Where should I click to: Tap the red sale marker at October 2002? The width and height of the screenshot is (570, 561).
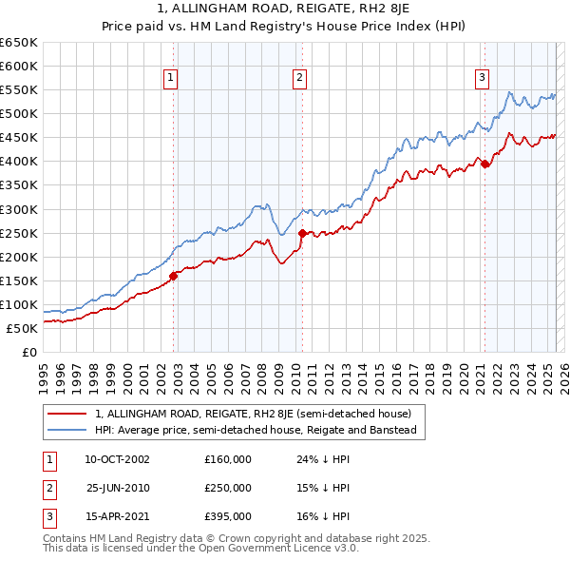pyautogui.click(x=174, y=277)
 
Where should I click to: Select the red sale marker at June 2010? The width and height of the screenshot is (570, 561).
pyautogui.click(x=302, y=233)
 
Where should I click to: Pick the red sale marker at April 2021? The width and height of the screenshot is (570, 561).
pyautogui.click(x=484, y=164)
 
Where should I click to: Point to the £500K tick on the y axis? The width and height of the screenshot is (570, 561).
pyautogui.click(x=20, y=113)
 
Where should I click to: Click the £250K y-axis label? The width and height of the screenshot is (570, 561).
pyautogui.click(x=20, y=233)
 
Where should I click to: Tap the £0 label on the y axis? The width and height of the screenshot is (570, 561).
pyautogui.click(x=28, y=352)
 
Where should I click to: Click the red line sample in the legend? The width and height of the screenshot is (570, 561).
pyautogui.click(x=68, y=414)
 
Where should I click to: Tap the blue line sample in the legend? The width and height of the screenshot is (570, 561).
pyautogui.click(x=68, y=430)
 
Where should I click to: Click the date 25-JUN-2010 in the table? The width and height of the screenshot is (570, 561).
pyautogui.click(x=118, y=488)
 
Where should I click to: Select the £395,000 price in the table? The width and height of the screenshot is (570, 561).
pyautogui.click(x=228, y=517)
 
